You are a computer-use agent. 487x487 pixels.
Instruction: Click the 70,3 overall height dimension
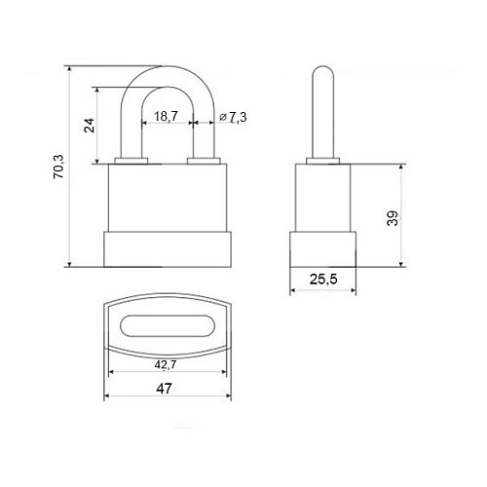59,167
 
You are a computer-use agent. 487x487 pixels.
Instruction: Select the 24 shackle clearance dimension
90,125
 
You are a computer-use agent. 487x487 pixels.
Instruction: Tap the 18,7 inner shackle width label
166,116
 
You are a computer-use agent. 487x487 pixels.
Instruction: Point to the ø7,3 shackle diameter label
233,117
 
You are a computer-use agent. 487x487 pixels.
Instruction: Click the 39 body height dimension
393,218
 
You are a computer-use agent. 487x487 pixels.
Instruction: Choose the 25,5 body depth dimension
323,279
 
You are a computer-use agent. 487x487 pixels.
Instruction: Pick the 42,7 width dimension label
166,364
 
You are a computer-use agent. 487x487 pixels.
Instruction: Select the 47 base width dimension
164,389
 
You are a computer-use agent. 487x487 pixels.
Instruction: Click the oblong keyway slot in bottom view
168,325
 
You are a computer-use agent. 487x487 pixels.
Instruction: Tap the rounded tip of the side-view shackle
322,70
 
